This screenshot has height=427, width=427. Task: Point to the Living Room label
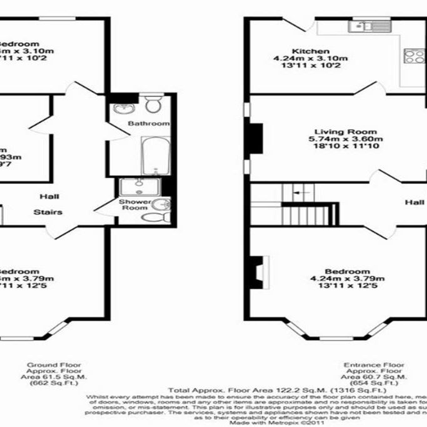point(345,132)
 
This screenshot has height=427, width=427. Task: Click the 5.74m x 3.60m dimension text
point(345,139)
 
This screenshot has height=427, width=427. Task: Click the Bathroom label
point(148,124)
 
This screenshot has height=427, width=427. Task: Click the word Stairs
point(48,212)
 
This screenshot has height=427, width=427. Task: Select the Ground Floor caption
point(61,364)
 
